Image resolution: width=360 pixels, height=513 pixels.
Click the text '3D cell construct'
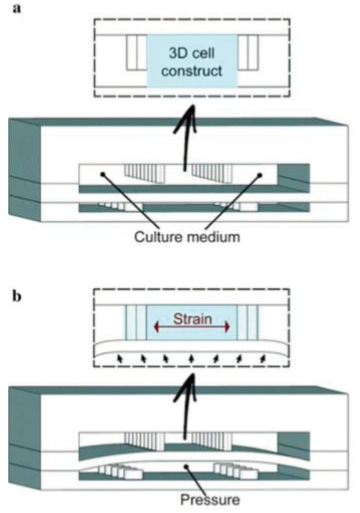(x=192, y=62)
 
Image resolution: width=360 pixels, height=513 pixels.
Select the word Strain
(x=192, y=319)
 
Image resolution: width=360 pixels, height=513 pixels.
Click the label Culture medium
(x=187, y=237)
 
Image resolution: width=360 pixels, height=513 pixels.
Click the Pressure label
(x=210, y=500)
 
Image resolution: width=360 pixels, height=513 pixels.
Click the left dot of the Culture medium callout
(x=103, y=174)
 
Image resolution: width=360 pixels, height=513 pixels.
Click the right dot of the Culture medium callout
(x=260, y=175)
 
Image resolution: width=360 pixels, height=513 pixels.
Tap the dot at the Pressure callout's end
(x=186, y=466)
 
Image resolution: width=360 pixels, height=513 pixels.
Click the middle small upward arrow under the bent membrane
(x=191, y=359)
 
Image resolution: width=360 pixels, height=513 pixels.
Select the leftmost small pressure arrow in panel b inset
(x=120, y=359)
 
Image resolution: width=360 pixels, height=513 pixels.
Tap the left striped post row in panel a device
(x=145, y=174)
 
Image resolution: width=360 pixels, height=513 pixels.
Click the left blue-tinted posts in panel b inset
(x=136, y=323)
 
